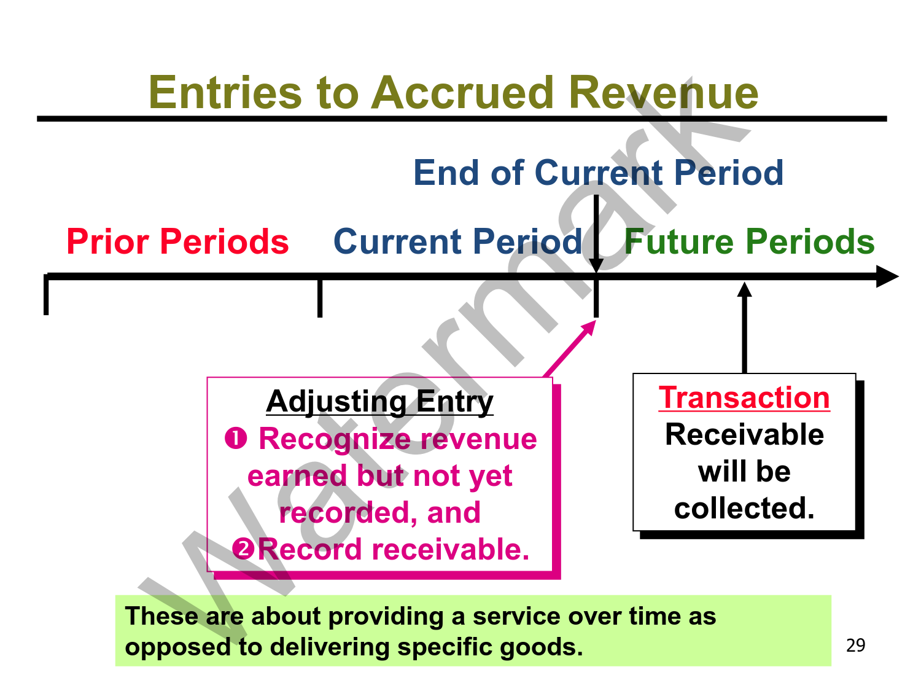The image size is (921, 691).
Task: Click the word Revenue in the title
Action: pos(663,92)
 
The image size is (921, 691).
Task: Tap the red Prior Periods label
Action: pos(177,241)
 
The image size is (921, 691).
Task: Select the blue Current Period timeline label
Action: pos(457,241)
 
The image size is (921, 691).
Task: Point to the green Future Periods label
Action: pos(749,241)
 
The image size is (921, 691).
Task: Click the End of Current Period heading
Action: pos(598,173)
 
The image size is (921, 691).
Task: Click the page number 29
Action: pos(855,645)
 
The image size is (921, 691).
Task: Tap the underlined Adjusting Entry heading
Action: pos(379,402)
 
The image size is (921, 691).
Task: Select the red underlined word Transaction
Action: pos(744,397)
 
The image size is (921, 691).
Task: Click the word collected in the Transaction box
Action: pos(744,509)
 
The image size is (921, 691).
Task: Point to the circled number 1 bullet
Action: pos(236,439)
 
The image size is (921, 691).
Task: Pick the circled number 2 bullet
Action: pos(244,549)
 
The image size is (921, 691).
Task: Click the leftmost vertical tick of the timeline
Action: pos(46,295)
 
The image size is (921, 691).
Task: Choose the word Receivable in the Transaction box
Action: pos(744,435)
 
